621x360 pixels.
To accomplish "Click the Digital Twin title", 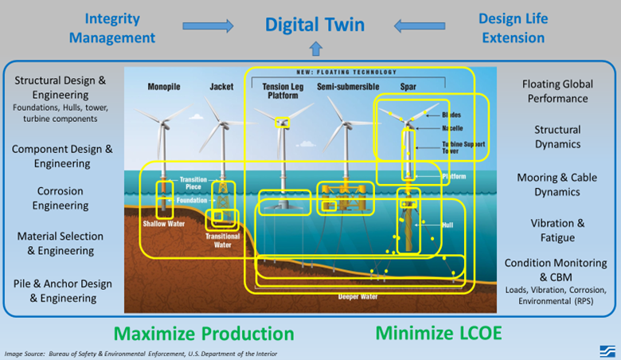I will click(x=316, y=25).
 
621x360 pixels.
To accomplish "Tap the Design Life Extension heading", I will click(x=513, y=27).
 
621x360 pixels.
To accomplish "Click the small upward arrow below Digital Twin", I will click(x=316, y=49).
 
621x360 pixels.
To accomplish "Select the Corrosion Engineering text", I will click(x=61, y=198).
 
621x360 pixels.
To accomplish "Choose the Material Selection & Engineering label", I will click(x=61, y=243).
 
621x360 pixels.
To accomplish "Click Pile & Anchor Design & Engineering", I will click(x=62, y=291).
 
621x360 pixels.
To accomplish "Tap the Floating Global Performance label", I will click(x=557, y=92).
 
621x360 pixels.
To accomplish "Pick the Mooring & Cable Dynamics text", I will click(x=557, y=185).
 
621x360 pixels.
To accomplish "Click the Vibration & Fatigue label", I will click(x=557, y=230).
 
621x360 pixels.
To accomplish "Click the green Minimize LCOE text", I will click(x=439, y=333).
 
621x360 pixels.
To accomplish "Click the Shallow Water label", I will click(x=163, y=224).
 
